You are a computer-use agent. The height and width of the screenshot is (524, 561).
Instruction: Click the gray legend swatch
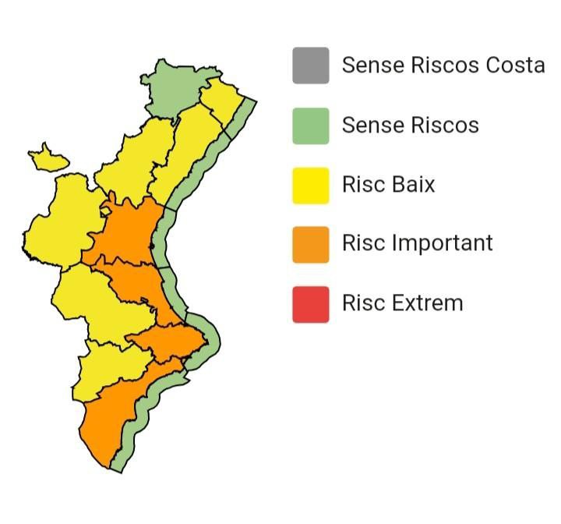click(x=310, y=65)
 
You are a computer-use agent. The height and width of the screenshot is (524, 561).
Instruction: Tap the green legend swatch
click(x=310, y=126)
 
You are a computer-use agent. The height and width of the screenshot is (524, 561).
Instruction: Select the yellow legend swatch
click(x=310, y=185)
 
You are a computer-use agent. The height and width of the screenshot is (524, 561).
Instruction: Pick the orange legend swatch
click(x=310, y=243)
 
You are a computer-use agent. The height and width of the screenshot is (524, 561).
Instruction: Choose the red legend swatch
click(x=310, y=303)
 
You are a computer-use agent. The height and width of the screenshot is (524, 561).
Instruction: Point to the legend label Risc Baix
click(x=388, y=185)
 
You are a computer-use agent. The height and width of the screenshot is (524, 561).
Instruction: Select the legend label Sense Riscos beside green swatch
click(x=410, y=126)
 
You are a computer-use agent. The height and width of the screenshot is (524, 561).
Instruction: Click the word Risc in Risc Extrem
click(x=362, y=303)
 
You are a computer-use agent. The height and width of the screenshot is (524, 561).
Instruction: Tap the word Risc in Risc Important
click(x=362, y=243)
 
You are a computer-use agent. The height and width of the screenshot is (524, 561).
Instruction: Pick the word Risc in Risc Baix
click(x=362, y=185)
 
